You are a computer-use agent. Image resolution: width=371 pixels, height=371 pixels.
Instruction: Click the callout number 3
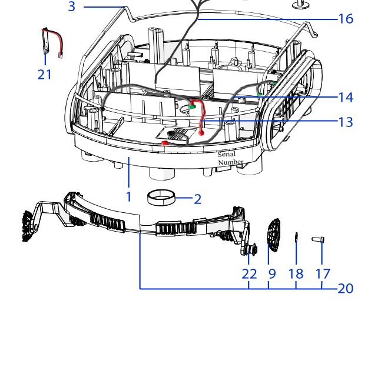(x=71, y=7)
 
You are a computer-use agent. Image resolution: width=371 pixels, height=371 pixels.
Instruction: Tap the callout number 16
(x=346, y=19)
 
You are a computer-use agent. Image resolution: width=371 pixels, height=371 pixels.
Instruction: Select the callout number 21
(x=45, y=75)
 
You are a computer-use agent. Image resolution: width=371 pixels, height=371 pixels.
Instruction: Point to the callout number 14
(x=346, y=96)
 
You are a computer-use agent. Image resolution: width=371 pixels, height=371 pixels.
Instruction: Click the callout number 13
(x=346, y=122)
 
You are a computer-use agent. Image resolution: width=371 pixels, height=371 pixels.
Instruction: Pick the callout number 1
(x=128, y=197)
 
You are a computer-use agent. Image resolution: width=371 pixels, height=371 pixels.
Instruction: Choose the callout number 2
(x=197, y=199)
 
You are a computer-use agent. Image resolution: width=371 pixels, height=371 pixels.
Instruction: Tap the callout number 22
(x=249, y=273)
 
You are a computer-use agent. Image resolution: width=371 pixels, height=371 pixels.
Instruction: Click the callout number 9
(x=271, y=273)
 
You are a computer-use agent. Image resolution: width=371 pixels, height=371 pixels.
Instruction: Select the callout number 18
(x=296, y=273)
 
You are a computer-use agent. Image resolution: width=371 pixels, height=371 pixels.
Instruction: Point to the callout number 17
(x=322, y=273)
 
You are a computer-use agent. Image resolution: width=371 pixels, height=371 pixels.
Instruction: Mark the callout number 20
(x=346, y=288)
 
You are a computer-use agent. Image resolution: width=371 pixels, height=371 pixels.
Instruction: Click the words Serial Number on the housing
(x=227, y=158)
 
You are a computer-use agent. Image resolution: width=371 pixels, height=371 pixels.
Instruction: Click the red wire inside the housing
(x=201, y=115)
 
